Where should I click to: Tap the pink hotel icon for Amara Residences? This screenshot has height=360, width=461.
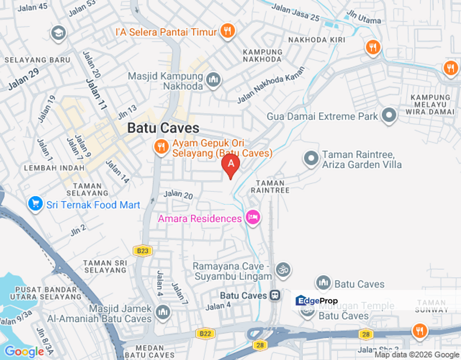coord(253,217)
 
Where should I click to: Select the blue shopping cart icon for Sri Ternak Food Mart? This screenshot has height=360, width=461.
coord(35,204)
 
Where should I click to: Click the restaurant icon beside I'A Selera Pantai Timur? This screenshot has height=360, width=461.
coord(228,31)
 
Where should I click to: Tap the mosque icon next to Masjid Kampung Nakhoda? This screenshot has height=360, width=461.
coord(213,79)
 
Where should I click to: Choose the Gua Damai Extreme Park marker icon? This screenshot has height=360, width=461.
coord(388,115)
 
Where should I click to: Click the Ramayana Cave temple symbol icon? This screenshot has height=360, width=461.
coord(283,269)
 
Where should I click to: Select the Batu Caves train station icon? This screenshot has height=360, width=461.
coord(274,295)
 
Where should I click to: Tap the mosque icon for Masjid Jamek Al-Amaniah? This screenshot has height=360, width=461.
coord(162,312)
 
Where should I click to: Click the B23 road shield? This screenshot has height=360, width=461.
coord(143,250)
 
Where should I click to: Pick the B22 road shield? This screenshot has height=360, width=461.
coord(204,333)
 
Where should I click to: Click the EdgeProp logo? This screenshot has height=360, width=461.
coord(317,301)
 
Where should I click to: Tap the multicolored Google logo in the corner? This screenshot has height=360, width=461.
coord(24,352)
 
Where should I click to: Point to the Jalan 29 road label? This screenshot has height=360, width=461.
coord(23,79)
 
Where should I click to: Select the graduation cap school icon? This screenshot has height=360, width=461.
coord(58,33)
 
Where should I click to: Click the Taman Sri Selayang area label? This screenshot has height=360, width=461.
coord(105,266)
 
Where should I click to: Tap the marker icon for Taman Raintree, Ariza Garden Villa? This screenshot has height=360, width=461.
coord(311,159)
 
